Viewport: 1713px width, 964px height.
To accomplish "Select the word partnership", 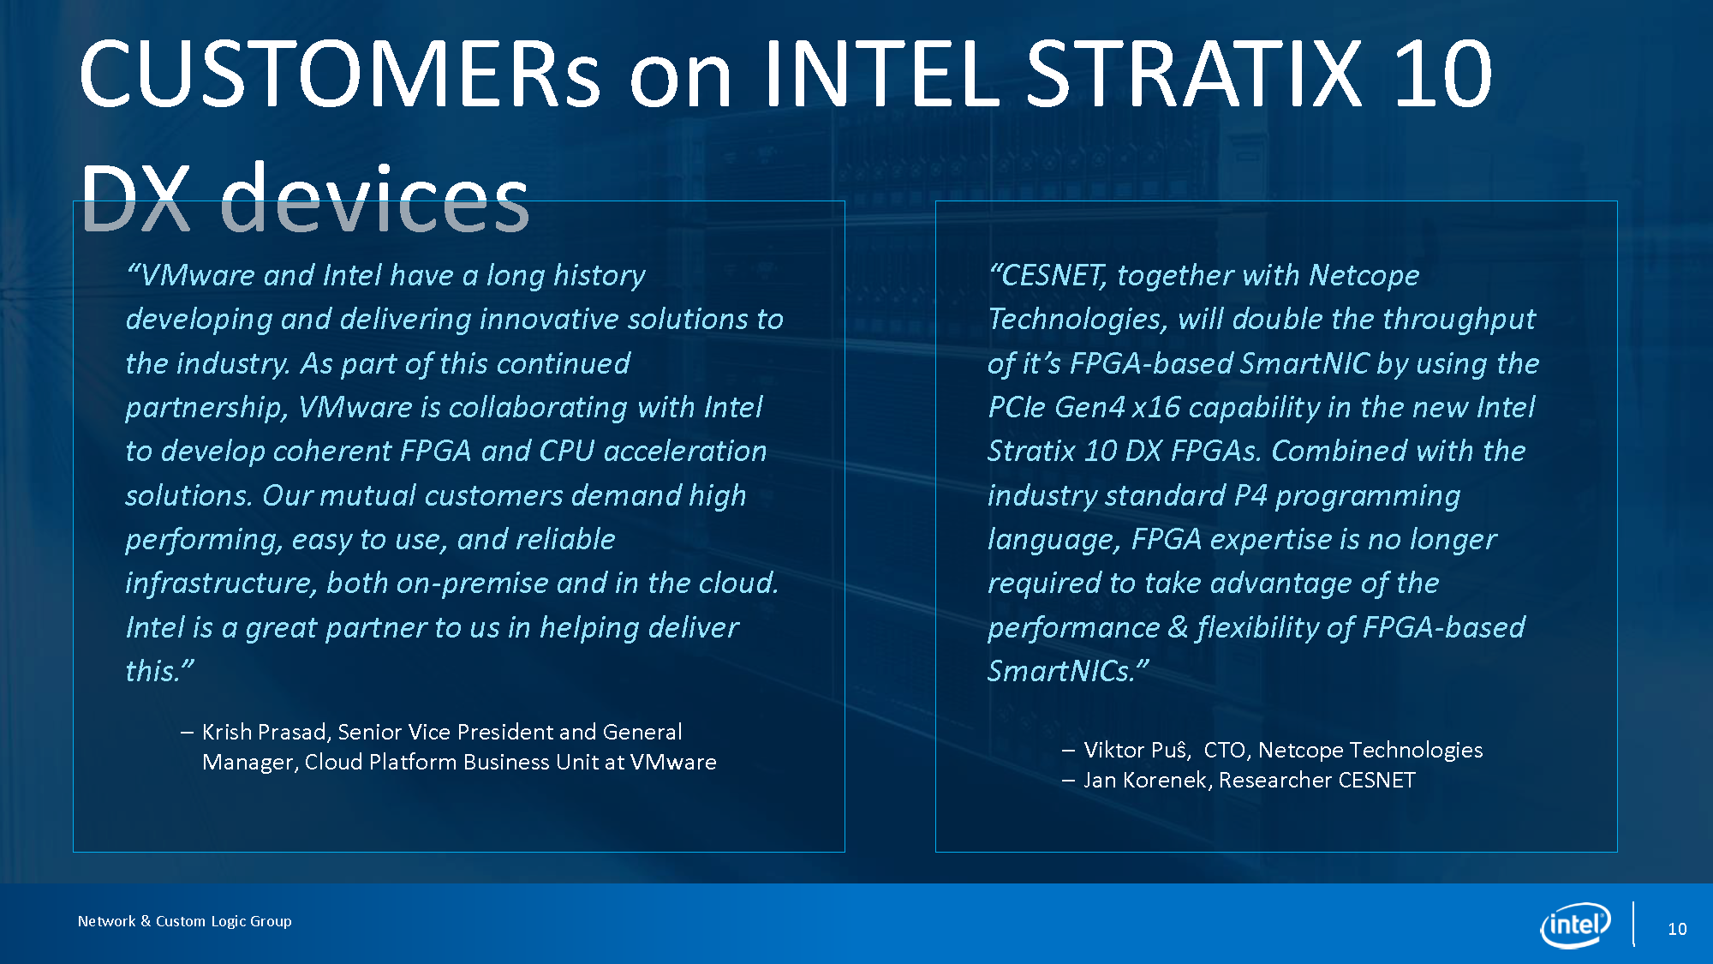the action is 206,408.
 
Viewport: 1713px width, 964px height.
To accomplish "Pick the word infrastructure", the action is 222,584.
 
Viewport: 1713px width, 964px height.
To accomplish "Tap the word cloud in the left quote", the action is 737,583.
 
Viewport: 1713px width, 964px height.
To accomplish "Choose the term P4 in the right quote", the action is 1250,495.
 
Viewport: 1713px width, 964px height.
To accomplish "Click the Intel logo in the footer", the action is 1575,925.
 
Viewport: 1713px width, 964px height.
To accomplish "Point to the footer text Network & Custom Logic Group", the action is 185,921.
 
